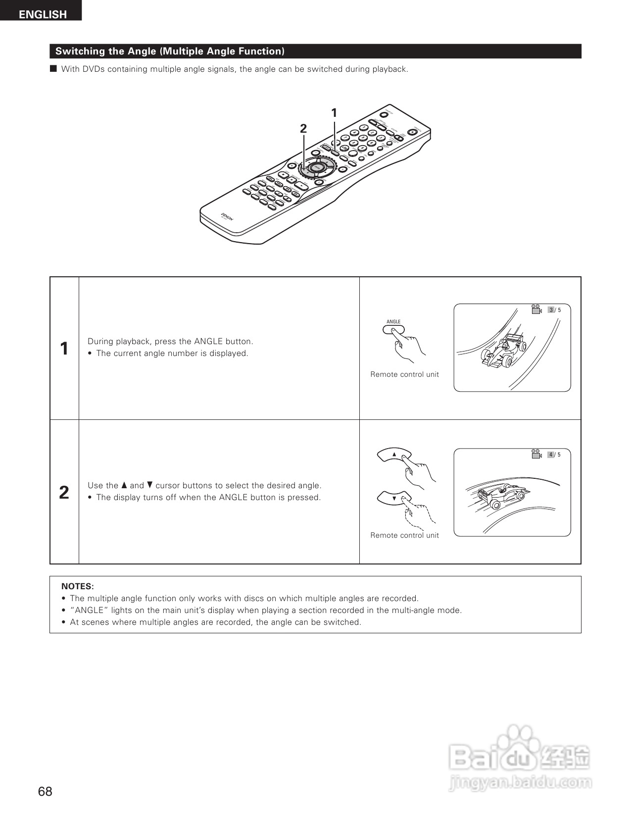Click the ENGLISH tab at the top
[x=43, y=14]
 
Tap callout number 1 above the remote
[x=334, y=113]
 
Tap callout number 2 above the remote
[x=303, y=129]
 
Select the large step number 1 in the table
[x=64, y=349]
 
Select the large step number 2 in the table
[x=64, y=493]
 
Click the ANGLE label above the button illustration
[x=393, y=322]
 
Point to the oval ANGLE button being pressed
[x=394, y=329]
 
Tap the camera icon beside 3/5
[x=536, y=310]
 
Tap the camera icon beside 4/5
[x=536, y=455]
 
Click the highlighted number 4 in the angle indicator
[x=551, y=455]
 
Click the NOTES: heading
[x=77, y=586]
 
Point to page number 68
[x=45, y=791]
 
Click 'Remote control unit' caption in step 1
[x=404, y=374]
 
